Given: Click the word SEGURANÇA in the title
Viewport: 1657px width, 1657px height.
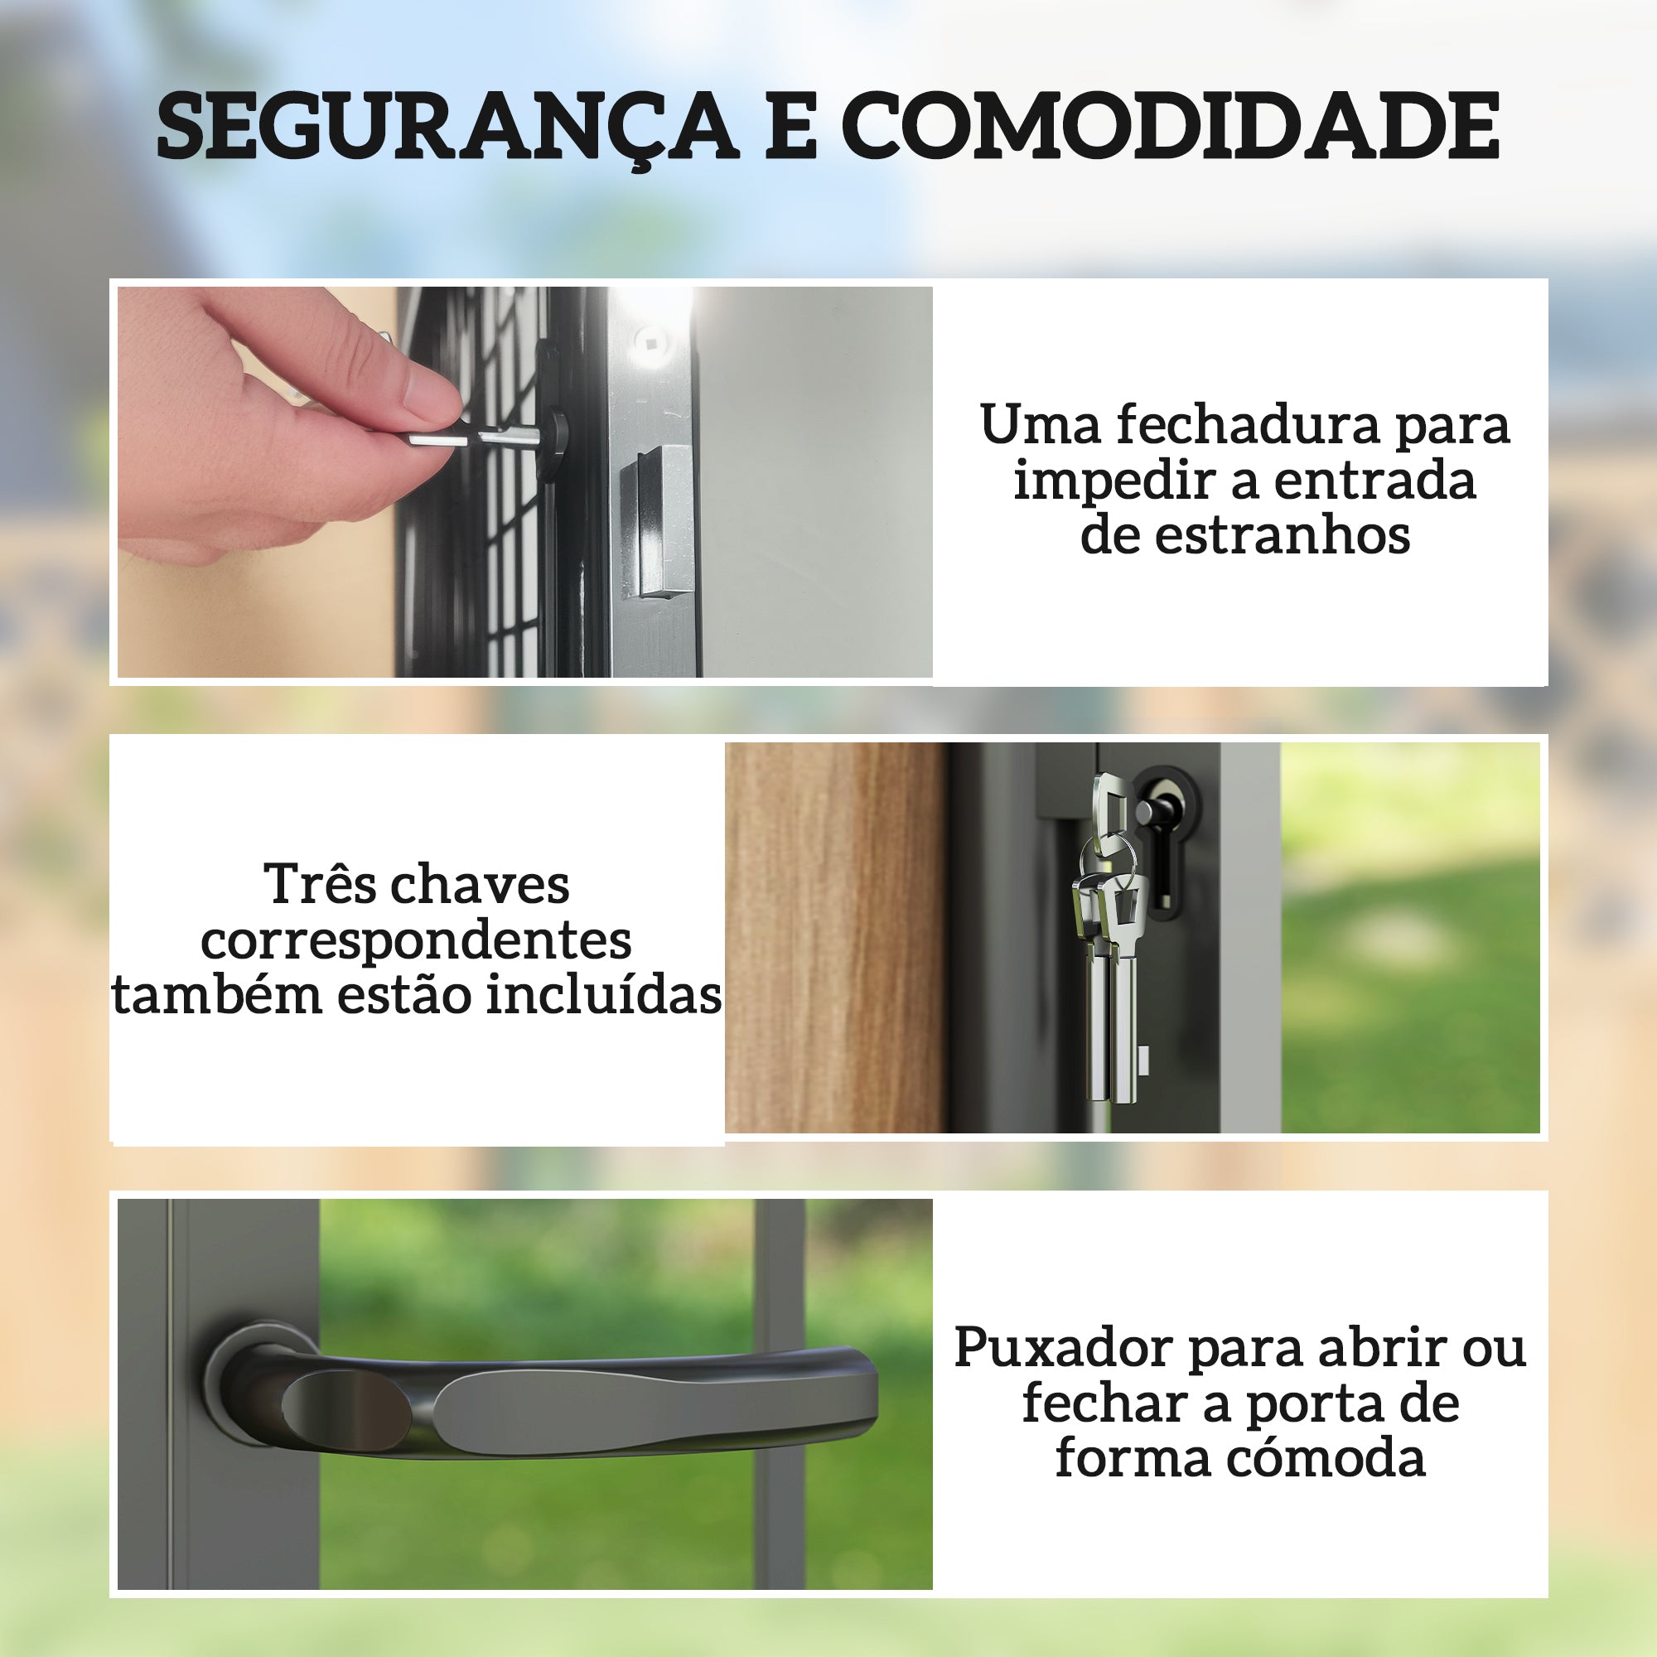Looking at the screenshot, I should pos(447,126).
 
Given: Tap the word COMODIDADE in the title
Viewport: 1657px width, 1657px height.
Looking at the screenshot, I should pos(1174,126).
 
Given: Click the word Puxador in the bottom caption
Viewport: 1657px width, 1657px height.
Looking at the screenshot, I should pos(1064,1347).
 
